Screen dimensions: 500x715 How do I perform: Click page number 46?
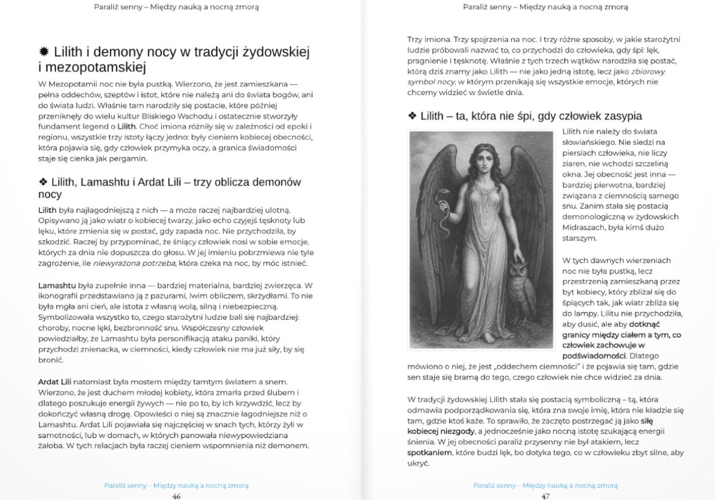click(x=176, y=496)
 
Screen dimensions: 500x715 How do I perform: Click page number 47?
click(x=546, y=496)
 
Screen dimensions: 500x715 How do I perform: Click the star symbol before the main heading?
click(x=44, y=52)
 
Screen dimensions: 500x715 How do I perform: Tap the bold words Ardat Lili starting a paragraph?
click(x=55, y=381)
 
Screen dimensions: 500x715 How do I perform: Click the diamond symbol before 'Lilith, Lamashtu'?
click(x=43, y=182)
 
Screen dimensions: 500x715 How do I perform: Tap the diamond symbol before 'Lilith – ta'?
click(x=412, y=116)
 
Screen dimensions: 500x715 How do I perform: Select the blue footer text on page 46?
click(x=176, y=485)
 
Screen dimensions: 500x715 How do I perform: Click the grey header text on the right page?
click(x=545, y=7)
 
